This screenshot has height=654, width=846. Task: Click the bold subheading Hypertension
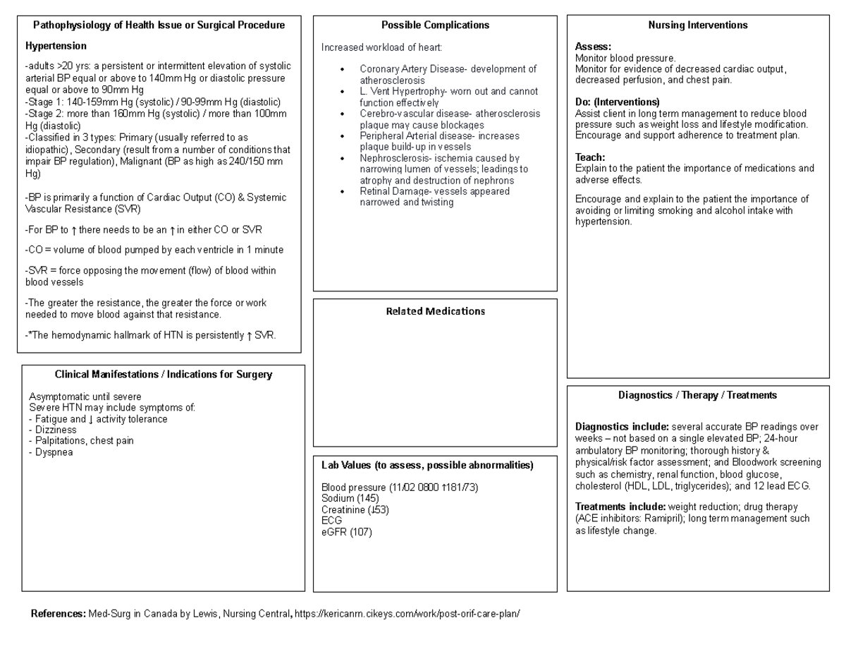[56, 46]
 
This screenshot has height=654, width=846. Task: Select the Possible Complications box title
[435, 25]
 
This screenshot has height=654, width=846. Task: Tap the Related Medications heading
[435, 311]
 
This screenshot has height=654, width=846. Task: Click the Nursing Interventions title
[698, 25]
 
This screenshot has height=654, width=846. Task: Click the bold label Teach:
[590, 157]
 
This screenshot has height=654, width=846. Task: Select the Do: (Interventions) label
[618, 102]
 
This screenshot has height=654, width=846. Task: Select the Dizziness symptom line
[53, 430]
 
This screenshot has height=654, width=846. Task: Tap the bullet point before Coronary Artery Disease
[343, 69]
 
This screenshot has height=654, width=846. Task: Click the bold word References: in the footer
[59, 613]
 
